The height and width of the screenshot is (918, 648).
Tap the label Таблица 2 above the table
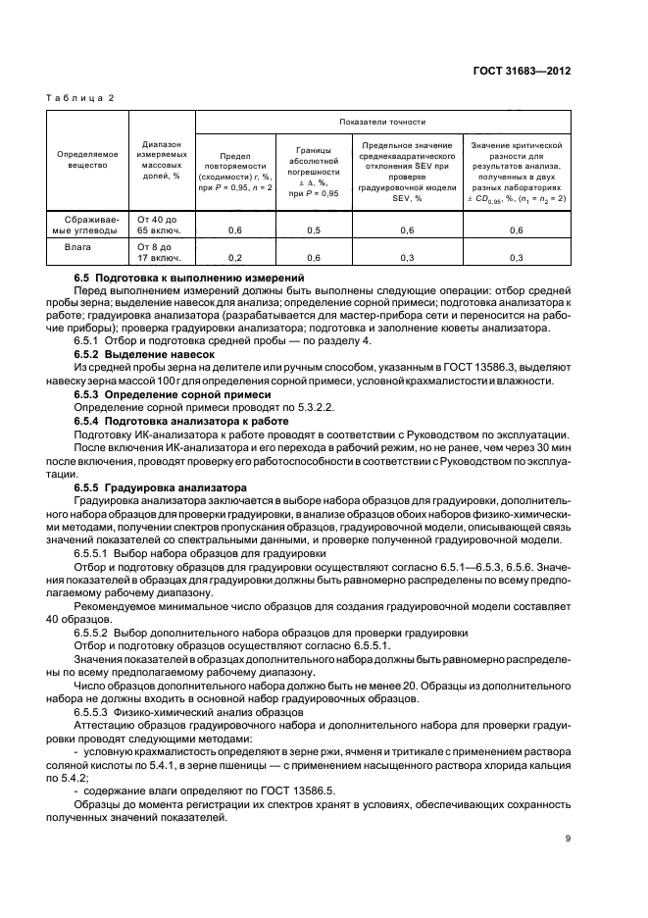point(80,98)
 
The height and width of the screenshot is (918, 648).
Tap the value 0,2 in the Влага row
point(235,258)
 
